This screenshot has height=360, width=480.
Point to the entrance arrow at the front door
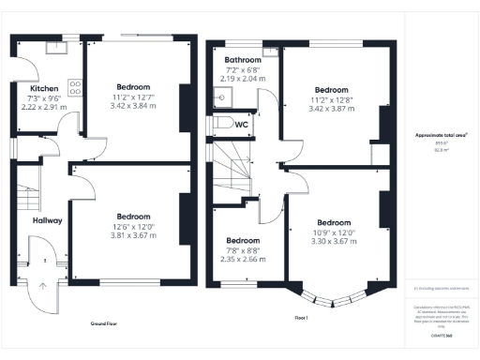pos(41,281)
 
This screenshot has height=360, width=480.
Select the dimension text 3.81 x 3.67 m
pos(132,233)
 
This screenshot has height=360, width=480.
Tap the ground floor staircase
pos(29,198)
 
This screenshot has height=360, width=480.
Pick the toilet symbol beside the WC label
pos(222,124)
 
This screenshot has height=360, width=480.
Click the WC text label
pos(241,124)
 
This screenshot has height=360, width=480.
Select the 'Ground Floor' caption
pos(109,323)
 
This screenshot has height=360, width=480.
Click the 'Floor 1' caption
pos(302,318)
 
